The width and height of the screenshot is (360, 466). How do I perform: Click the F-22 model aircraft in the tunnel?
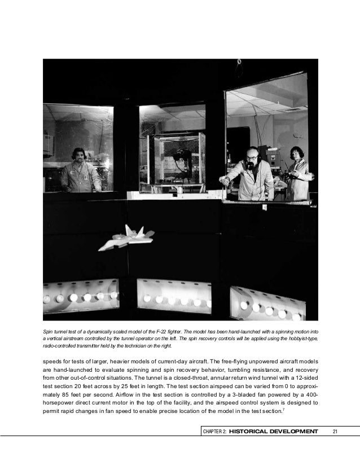126,238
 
